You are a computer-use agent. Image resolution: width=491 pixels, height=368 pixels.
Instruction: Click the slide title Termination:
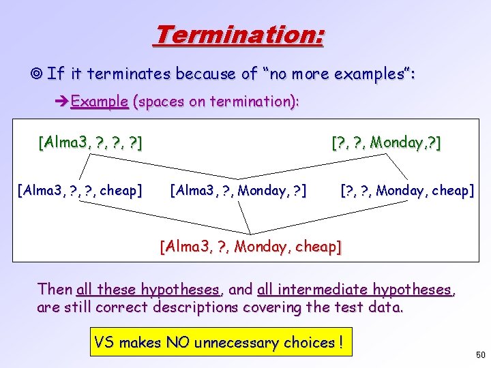(239, 34)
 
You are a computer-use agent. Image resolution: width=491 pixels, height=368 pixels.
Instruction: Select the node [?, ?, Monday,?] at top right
(385, 143)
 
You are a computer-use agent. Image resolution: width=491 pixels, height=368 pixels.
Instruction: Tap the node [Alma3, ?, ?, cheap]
(80, 190)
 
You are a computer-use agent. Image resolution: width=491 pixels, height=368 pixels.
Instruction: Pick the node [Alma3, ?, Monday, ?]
(238, 190)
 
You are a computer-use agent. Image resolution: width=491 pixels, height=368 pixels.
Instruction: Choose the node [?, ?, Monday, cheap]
(406, 190)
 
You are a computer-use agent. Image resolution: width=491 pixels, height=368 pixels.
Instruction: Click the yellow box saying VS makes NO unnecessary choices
(221, 343)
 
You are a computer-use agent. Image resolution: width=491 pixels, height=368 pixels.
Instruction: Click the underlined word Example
(100, 102)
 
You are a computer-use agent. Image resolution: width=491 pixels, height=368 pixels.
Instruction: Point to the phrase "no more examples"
(335, 73)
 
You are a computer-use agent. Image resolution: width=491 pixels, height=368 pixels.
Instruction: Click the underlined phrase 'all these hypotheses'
(148, 289)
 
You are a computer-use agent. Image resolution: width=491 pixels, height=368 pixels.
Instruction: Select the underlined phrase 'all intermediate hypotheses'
(355, 289)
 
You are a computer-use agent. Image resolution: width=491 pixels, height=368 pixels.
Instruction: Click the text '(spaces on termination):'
(216, 102)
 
